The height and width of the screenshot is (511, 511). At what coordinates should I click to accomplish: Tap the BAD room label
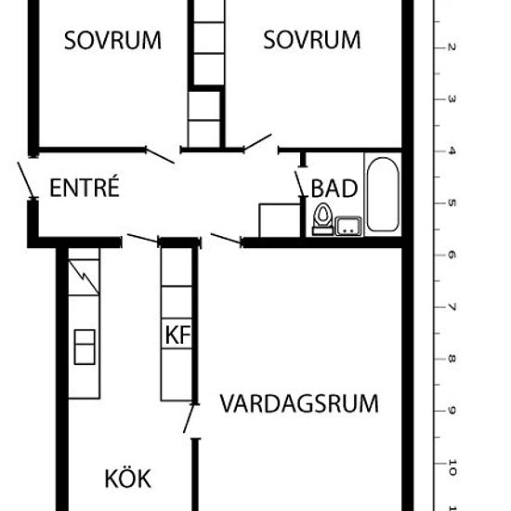click(x=334, y=189)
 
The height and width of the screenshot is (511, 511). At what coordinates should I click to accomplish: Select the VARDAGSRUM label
click(x=299, y=403)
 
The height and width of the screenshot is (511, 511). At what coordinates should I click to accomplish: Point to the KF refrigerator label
click(x=177, y=334)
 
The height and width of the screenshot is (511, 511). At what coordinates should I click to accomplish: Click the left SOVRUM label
click(x=112, y=40)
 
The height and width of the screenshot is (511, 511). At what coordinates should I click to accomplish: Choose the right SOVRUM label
click(x=312, y=40)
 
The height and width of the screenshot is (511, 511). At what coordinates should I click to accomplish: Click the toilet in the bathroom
click(x=322, y=219)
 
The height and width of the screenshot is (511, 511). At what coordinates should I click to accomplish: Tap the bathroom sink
click(x=348, y=226)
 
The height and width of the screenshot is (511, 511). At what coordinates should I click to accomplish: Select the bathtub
click(x=383, y=194)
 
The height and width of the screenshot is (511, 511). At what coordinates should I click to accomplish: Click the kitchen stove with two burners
click(x=85, y=347)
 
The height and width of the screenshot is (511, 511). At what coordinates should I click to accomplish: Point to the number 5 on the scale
click(x=452, y=203)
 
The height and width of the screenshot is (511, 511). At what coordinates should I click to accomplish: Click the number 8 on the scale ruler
click(x=452, y=359)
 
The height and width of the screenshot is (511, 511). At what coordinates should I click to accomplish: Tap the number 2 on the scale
click(x=452, y=47)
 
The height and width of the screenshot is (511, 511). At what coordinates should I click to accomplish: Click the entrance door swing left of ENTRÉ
click(x=26, y=179)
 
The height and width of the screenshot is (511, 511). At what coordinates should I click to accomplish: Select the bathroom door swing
click(x=300, y=184)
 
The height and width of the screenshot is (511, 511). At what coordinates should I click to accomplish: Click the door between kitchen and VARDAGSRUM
click(x=190, y=418)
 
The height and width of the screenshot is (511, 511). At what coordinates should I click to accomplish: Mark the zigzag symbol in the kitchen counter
click(x=84, y=278)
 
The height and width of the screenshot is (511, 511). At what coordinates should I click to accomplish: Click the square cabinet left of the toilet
click(x=280, y=220)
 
